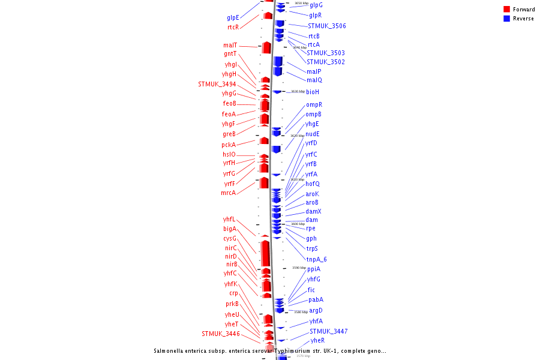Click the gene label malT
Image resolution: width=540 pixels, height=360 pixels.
tap(230, 46)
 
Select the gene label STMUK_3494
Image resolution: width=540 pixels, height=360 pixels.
tap(217, 85)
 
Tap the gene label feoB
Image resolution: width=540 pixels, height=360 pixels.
tap(229, 104)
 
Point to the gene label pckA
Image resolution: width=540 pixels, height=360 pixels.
tap(229, 145)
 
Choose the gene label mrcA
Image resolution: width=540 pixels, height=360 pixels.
tap(228, 193)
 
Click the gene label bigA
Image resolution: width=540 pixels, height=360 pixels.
tap(230, 229)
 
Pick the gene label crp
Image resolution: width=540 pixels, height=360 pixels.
tap(233, 293)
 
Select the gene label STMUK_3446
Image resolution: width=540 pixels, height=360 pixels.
tap(221, 334)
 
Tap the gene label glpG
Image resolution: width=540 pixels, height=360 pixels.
tap(316, 5)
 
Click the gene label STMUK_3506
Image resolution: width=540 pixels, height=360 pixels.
tap(326, 26)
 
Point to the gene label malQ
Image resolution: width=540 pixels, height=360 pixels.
tap(314, 80)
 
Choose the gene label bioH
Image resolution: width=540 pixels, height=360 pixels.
tap(313, 92)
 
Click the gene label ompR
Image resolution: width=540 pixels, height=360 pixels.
tap(314, 105)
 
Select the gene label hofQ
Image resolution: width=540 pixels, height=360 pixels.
tap(313, 184)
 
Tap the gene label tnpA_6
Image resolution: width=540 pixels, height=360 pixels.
tap(316, 260)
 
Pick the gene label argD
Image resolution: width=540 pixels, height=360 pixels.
tap(316, 311)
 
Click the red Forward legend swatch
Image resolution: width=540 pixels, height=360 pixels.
tap(506, 10)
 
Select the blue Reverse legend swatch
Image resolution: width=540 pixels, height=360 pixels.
tap(506, 19)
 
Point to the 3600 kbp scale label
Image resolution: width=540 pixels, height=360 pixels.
tap(298, 224)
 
